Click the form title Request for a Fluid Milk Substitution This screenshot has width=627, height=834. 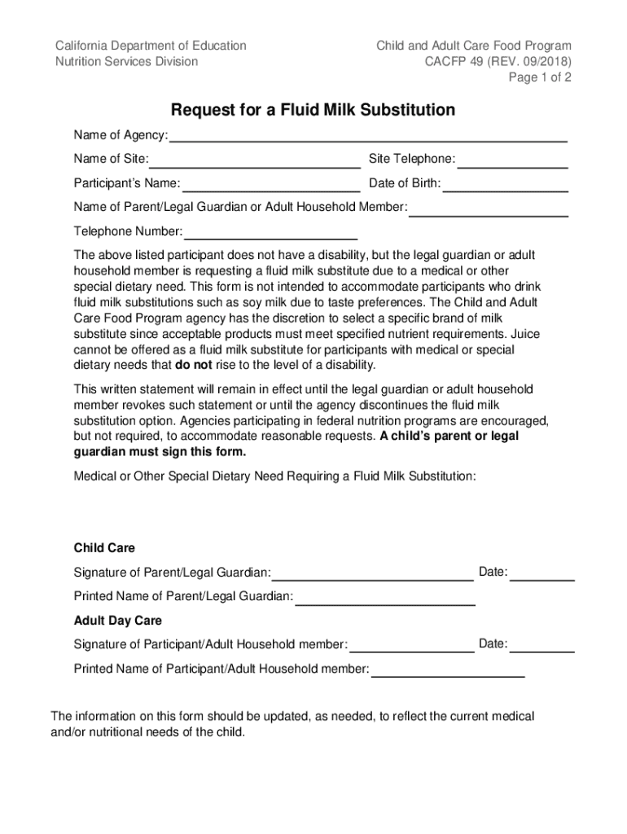point(313,110)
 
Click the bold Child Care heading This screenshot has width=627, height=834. point(104,548)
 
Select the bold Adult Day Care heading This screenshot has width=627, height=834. point(118,621)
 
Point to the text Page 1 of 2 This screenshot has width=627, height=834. point(540,78)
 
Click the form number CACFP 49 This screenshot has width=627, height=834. point(454,62)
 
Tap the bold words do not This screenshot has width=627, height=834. point(194,365)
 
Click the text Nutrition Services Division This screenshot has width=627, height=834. point(126,62)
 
